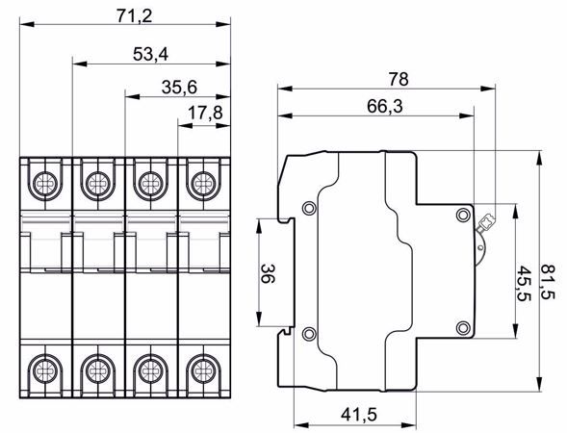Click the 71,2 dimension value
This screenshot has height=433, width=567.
(x=135, y=15)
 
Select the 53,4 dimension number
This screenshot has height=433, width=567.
(x=150, y=55)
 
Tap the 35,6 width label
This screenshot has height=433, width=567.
(x=179, y=88)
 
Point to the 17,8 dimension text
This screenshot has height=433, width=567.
(x=205, y=113)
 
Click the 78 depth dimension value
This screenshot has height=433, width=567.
(x=399, y=79)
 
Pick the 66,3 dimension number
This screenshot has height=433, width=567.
(x=384, y=106)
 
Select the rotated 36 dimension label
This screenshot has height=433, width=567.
(x=268, y=273)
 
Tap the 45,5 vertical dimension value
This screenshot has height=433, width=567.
(x=523, y=283)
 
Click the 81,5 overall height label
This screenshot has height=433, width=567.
(x=548, y=282)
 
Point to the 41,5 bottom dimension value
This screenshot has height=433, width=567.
(x=359, y=415)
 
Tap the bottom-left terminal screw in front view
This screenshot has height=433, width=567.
(x=45, y=370)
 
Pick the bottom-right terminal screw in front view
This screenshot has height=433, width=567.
(x=203, y=370)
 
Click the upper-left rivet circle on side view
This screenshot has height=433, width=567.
(x=309, y=208)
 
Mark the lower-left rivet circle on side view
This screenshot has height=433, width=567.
(x=309, y=333)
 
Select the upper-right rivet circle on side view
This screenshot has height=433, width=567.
(x=463, y=216)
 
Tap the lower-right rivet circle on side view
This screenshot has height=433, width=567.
(x=463, y=328)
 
